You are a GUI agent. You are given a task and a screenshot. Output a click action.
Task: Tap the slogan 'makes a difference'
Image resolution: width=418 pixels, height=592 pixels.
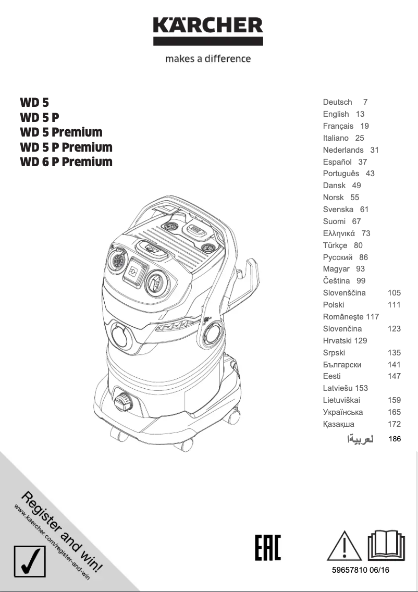208,59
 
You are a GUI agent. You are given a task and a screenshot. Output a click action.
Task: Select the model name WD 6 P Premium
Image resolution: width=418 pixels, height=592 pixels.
66,162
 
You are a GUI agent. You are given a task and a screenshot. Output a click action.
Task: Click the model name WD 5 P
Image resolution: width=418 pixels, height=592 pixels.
40,117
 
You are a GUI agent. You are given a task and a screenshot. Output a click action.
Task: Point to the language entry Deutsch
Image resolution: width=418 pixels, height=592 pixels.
337,102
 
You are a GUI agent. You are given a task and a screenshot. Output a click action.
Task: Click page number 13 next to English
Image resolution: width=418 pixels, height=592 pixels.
360,114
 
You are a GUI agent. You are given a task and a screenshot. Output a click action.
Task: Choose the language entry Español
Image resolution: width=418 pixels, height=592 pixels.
337,162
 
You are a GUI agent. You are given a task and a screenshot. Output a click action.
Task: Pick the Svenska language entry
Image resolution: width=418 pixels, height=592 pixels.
338,209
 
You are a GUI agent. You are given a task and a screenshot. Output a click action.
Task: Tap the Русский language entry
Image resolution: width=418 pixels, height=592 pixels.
338,257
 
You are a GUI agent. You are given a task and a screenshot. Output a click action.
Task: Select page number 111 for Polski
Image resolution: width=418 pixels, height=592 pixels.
394,305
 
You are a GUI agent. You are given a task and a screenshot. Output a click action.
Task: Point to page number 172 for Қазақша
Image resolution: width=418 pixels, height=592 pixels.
394,424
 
